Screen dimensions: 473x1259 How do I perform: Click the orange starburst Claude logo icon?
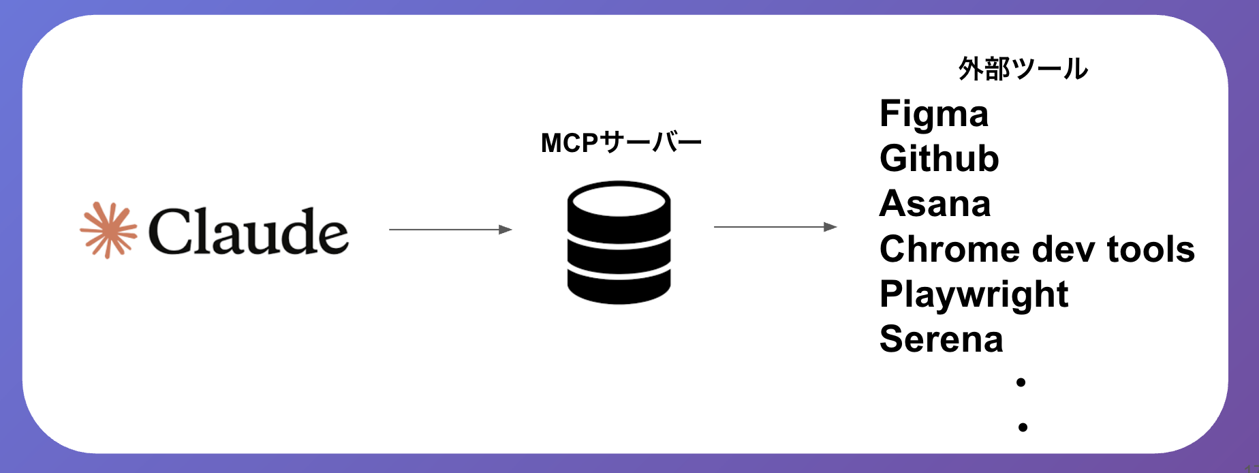pos(108,230)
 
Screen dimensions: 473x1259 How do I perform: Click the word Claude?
pos(248,232)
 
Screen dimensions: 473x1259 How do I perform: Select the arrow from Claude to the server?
pos(450,230)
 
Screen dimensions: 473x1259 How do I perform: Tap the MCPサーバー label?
pos(621,143)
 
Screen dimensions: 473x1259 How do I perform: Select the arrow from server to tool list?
pos(775,227)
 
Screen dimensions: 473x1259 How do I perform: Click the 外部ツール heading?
pos(1023,69)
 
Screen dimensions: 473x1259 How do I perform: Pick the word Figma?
pos(933,114)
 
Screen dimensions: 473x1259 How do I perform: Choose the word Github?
pos(939,159)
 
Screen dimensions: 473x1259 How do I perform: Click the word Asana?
pos(935,204)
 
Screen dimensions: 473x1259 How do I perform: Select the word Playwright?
pos(974,294)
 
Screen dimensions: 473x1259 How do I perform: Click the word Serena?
pos(941,339)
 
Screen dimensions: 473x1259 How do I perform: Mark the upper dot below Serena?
pos(1021,382)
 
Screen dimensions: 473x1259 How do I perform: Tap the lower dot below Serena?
pos(1023,427)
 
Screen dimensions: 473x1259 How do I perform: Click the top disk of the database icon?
pos(619,201)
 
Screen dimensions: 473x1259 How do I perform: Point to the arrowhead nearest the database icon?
pos(506,230)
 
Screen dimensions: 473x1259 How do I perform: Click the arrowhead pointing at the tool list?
pos(830,227)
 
